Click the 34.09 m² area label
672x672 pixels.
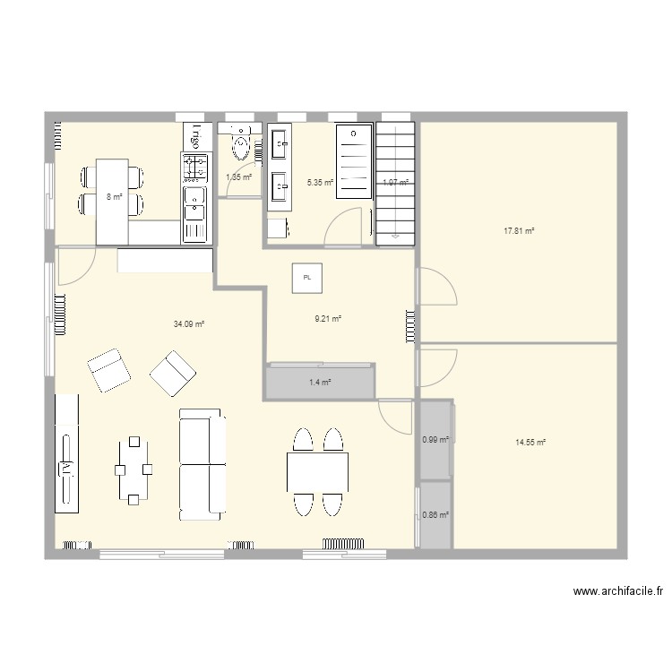[x=189, y=324]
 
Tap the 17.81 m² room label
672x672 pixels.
[x=519, y=230]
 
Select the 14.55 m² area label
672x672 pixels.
[x=530, y=442]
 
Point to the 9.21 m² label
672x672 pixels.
[x=328, y=317]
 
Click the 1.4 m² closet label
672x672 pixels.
[x=320, y=383]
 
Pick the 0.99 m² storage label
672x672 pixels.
[x=435, y=439]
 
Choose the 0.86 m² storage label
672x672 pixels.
[x=435, y=515]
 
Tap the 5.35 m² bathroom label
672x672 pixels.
[x=320, y=183]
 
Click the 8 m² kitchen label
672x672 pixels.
[x=113, y=196]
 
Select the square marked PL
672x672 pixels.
[x=307, y=278]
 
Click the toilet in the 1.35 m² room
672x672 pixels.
[x=241, y=142]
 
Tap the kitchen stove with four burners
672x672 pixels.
[x=195, y=167]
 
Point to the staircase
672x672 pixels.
[x=395, y=182]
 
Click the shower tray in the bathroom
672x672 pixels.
[x=353, y=162]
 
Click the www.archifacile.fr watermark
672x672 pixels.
[x=619, y=591]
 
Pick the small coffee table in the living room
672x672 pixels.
[x=134, y=470]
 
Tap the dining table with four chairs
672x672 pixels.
[x=317, y=472]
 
